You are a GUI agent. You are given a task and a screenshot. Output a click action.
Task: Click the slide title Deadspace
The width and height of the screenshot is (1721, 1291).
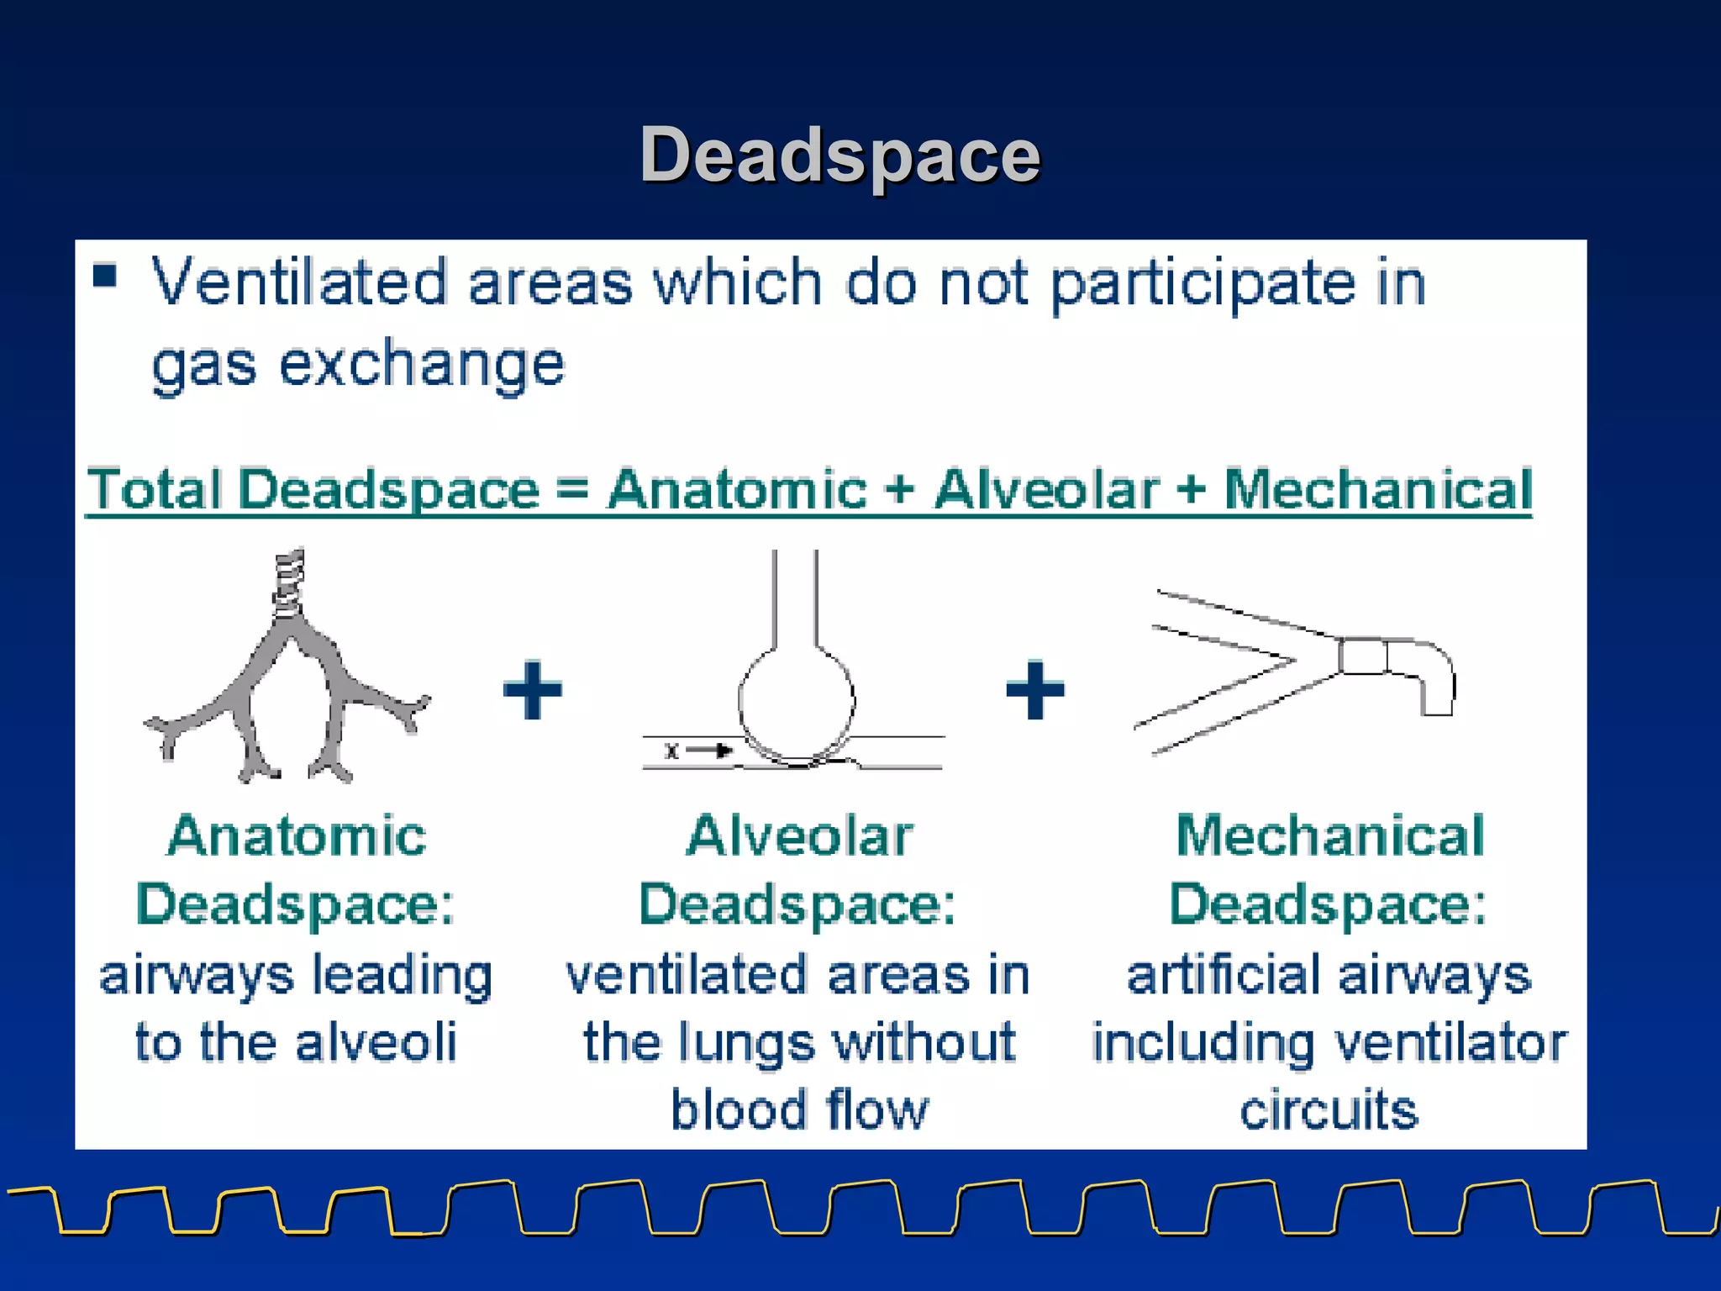pyautogui.click(x=839, y=155)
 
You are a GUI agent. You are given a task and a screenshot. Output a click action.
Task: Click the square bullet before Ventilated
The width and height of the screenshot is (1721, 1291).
pyautogui.click(x=105, y=276)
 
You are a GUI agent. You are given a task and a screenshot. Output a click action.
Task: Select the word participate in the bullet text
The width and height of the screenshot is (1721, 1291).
pyautogui.click(x=1203, y=285)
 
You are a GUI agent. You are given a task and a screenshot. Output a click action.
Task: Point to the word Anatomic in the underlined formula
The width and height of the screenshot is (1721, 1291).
pyautogui.click(x=737, y=489)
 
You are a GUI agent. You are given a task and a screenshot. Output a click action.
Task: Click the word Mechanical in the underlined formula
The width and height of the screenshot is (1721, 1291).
pyautogui.click(x=1378, y=489)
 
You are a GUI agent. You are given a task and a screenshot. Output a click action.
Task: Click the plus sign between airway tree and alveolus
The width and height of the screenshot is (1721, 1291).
pyautogui.click(x=532, y=690)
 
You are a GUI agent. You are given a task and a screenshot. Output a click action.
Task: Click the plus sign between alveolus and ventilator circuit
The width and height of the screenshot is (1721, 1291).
pyautogui.click(x=1034, y=690)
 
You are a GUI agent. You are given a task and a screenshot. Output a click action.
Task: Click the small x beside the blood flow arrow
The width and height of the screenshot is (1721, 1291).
pyautogui.click(x=671, y=751)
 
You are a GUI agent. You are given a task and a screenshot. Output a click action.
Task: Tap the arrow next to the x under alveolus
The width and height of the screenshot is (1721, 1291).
pyautogui.click(x=710, y=751)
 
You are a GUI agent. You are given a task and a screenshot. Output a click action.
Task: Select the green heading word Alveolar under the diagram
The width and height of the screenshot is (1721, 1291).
pyautogui.click(x=799, y=836)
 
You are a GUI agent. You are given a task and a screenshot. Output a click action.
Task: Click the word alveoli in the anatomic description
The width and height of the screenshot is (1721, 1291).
pyautogui.click(x=376, y=1043)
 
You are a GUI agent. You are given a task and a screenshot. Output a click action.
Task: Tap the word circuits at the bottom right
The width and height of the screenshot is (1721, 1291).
pyautogui.click(x=1329, y=1110)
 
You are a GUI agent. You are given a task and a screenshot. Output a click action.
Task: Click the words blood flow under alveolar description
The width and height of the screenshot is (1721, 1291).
pyautogui.click(x=799, y=1110)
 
